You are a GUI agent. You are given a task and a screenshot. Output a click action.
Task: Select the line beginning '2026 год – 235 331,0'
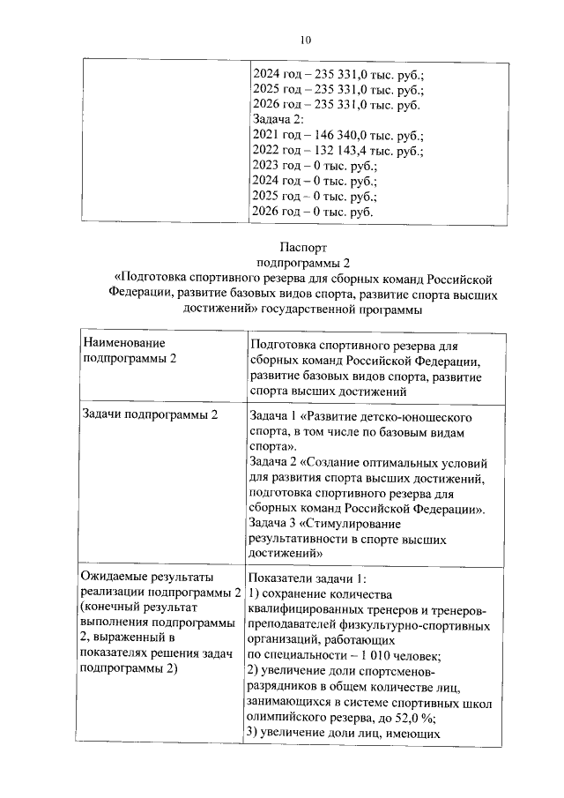[x=335, y=105]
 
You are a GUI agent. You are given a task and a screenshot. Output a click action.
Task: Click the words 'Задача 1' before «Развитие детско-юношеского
[x=276, y=416]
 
